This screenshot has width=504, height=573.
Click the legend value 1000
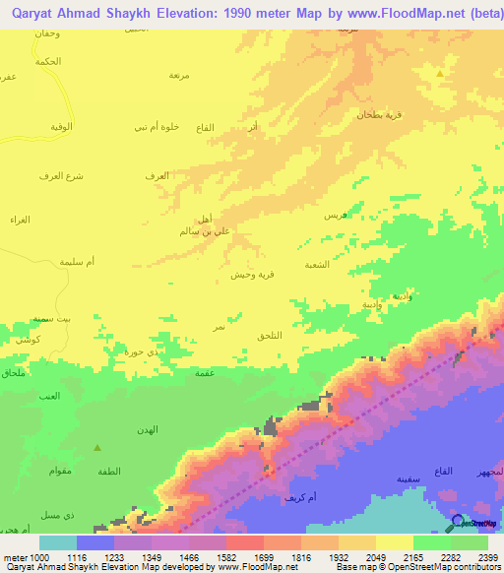click(40, 556)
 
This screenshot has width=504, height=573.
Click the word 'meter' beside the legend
click(15, 556)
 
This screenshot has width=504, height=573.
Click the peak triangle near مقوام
click(96, 448)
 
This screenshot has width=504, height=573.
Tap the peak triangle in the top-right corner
click(440, 72)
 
